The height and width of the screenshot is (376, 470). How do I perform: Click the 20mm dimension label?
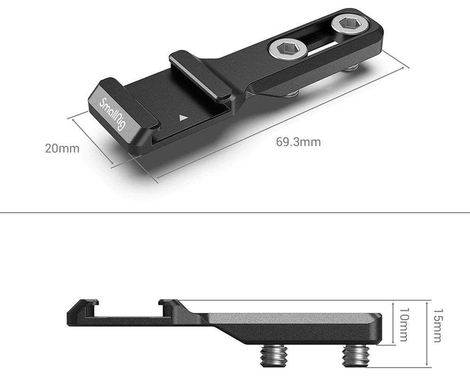(62, 149)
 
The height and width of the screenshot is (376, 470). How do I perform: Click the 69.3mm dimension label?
(298, 142)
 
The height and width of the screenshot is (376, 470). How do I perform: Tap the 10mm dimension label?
(404, 324)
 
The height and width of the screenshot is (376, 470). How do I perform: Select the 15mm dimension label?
(438, 326)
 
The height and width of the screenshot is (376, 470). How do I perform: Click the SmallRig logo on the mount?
(111, 114)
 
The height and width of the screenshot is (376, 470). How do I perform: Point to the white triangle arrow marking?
(183, 117)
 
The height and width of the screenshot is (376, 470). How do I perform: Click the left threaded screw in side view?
(274, 356)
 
